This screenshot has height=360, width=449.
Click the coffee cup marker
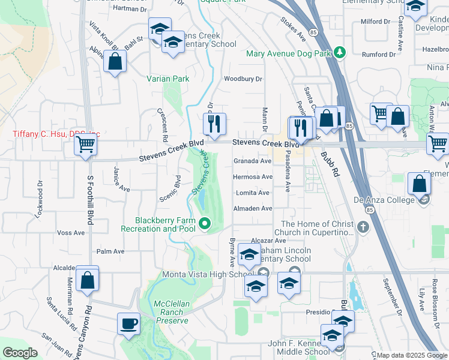(128, 324)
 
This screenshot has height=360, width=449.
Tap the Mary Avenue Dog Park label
(289, 53)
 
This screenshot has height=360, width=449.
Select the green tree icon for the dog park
(340, 53)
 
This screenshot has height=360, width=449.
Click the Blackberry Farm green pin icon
(205, 224)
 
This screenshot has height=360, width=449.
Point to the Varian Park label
(168, 79)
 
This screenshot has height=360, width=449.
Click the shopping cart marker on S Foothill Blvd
(86, 144)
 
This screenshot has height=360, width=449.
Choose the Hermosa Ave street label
(253, 177)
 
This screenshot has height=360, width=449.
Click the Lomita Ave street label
(253, 193)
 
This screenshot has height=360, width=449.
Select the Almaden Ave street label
(253, 208)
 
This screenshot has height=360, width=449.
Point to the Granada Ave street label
(253, 161)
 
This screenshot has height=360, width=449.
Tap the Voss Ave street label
(71, 233)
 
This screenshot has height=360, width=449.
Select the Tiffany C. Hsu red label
(56, 134)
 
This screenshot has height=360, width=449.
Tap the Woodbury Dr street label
(243, 79)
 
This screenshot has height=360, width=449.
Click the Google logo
(20, 353)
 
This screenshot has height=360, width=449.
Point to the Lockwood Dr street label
(40, 202)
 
